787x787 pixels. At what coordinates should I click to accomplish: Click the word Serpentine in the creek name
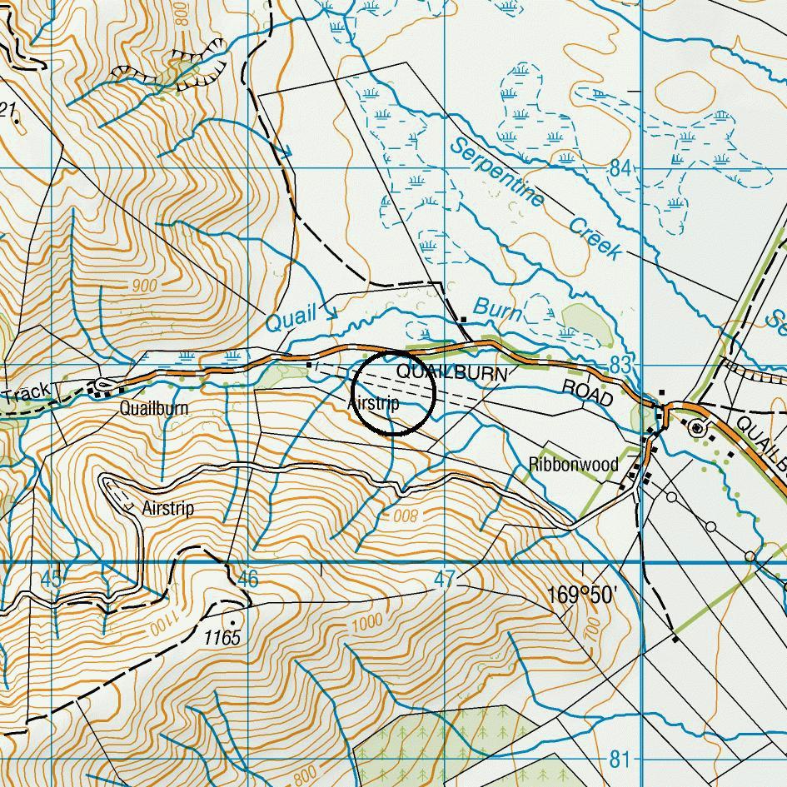click(497, 173)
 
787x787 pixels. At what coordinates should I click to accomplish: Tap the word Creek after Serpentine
click(595, 239)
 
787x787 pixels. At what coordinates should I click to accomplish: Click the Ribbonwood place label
click(574, 464)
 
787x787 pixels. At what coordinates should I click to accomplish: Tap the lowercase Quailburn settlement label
click(153, 408)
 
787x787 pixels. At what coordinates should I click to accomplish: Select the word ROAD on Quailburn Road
click(588, 393)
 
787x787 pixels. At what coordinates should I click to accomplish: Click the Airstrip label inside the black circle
click(374, 403)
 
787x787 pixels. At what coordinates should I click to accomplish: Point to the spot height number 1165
click(222, 638)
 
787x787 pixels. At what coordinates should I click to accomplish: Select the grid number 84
click(620, 168)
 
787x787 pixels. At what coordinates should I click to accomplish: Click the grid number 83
click(620, 365)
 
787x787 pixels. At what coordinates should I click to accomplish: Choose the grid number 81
click(620, 759)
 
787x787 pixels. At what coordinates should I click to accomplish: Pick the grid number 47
click(445, 580)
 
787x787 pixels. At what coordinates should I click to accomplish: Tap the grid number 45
click(51, 580)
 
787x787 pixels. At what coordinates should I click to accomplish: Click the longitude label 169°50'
click(582, 595)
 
